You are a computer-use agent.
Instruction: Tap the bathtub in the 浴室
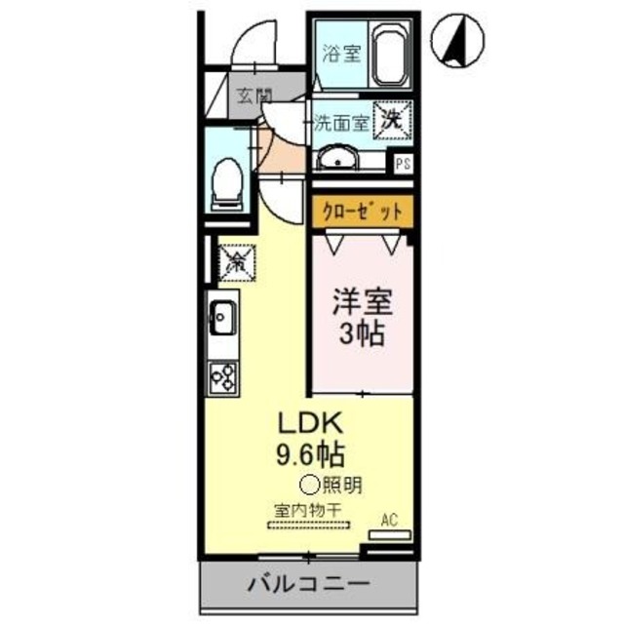tap(392, 57)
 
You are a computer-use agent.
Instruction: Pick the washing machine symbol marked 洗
tap(393, 120)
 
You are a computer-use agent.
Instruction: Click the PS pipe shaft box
tap(402, 164)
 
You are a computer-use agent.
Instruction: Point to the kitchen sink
tap(222, 318)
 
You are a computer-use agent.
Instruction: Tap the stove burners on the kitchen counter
tap(223, 375)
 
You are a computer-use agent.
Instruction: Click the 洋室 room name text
tap(358, 299)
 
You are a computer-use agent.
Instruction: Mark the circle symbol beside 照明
tap(307, 482)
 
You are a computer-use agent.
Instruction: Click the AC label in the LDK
tap(389, 519)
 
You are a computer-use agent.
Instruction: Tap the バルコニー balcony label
tap(307, 585)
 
